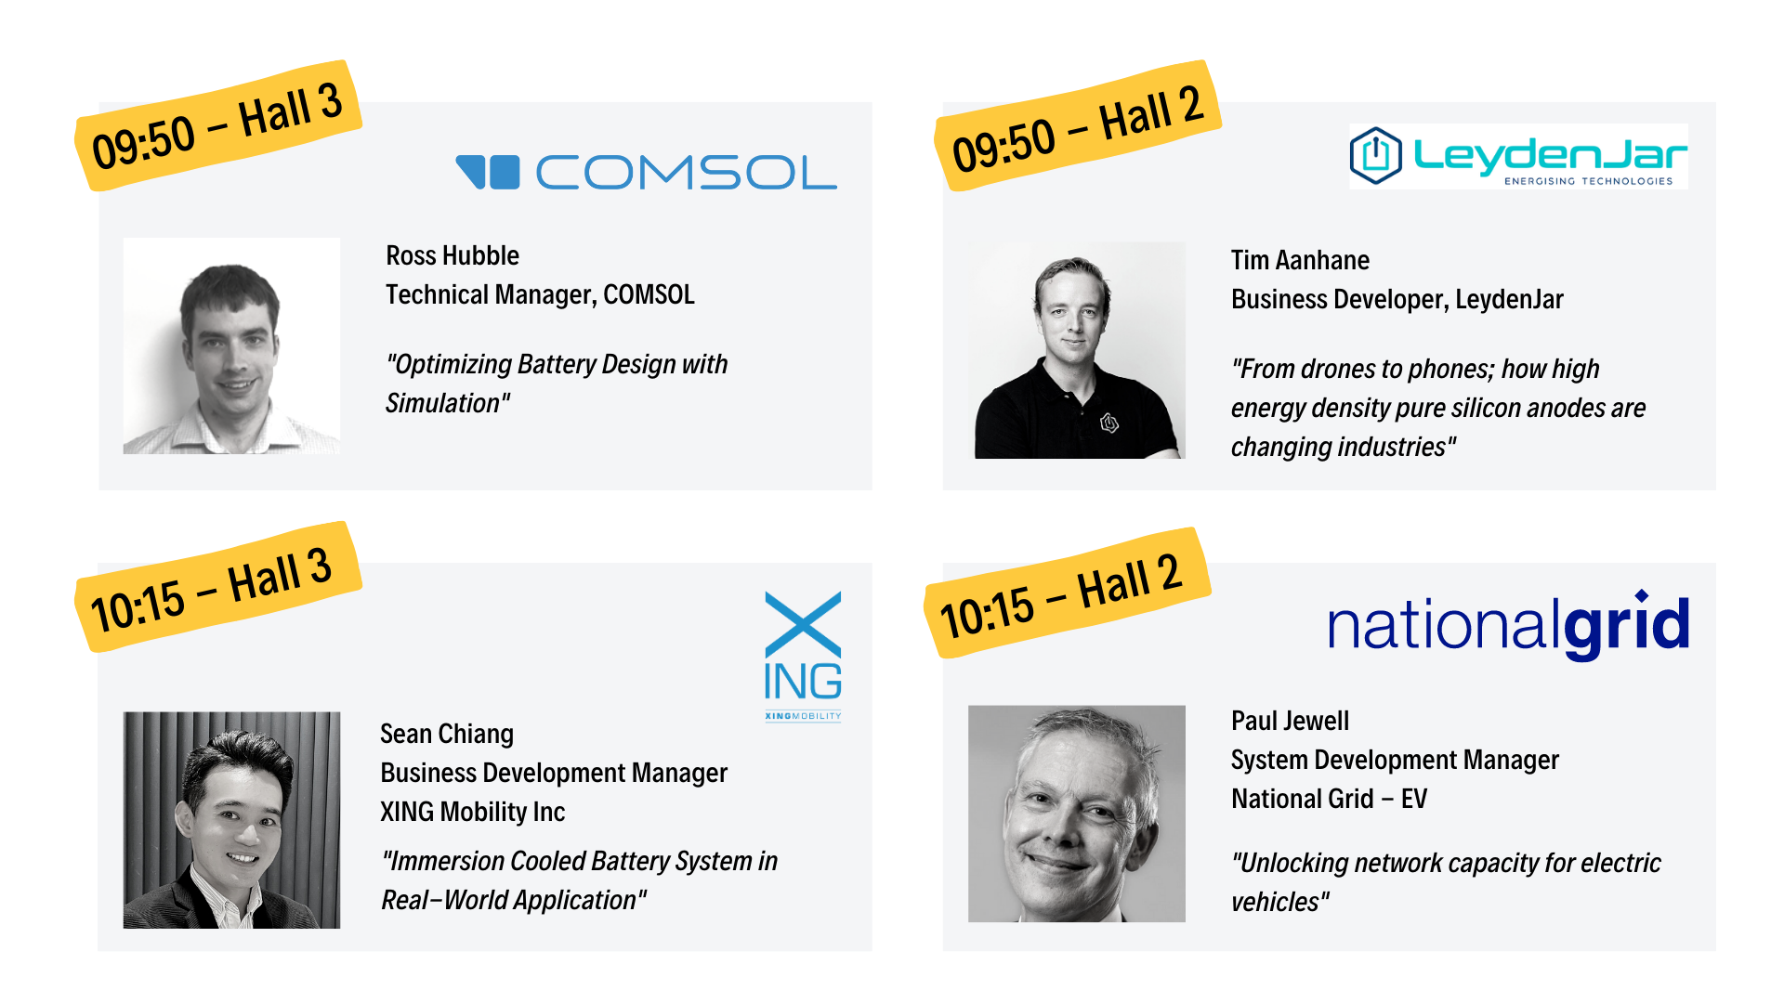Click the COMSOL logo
[646, 172]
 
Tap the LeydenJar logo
[1518, 156]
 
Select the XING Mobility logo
[803, 656]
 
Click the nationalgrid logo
[1508, 624]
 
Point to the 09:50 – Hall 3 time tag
[218, 126]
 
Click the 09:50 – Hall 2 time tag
[1078, 126]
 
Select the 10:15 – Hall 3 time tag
[218, 587]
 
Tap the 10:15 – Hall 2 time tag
[1068, 593]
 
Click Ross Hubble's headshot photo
[231, 345]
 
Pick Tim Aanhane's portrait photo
[1077, 350]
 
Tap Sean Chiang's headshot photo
[231, 820]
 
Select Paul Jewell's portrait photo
[1077, 814]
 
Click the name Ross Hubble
[453, 255]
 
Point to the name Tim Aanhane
[1300, 260]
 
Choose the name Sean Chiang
[447, 734]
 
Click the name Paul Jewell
[1290, 721]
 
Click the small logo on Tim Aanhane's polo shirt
[1109, 423]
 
